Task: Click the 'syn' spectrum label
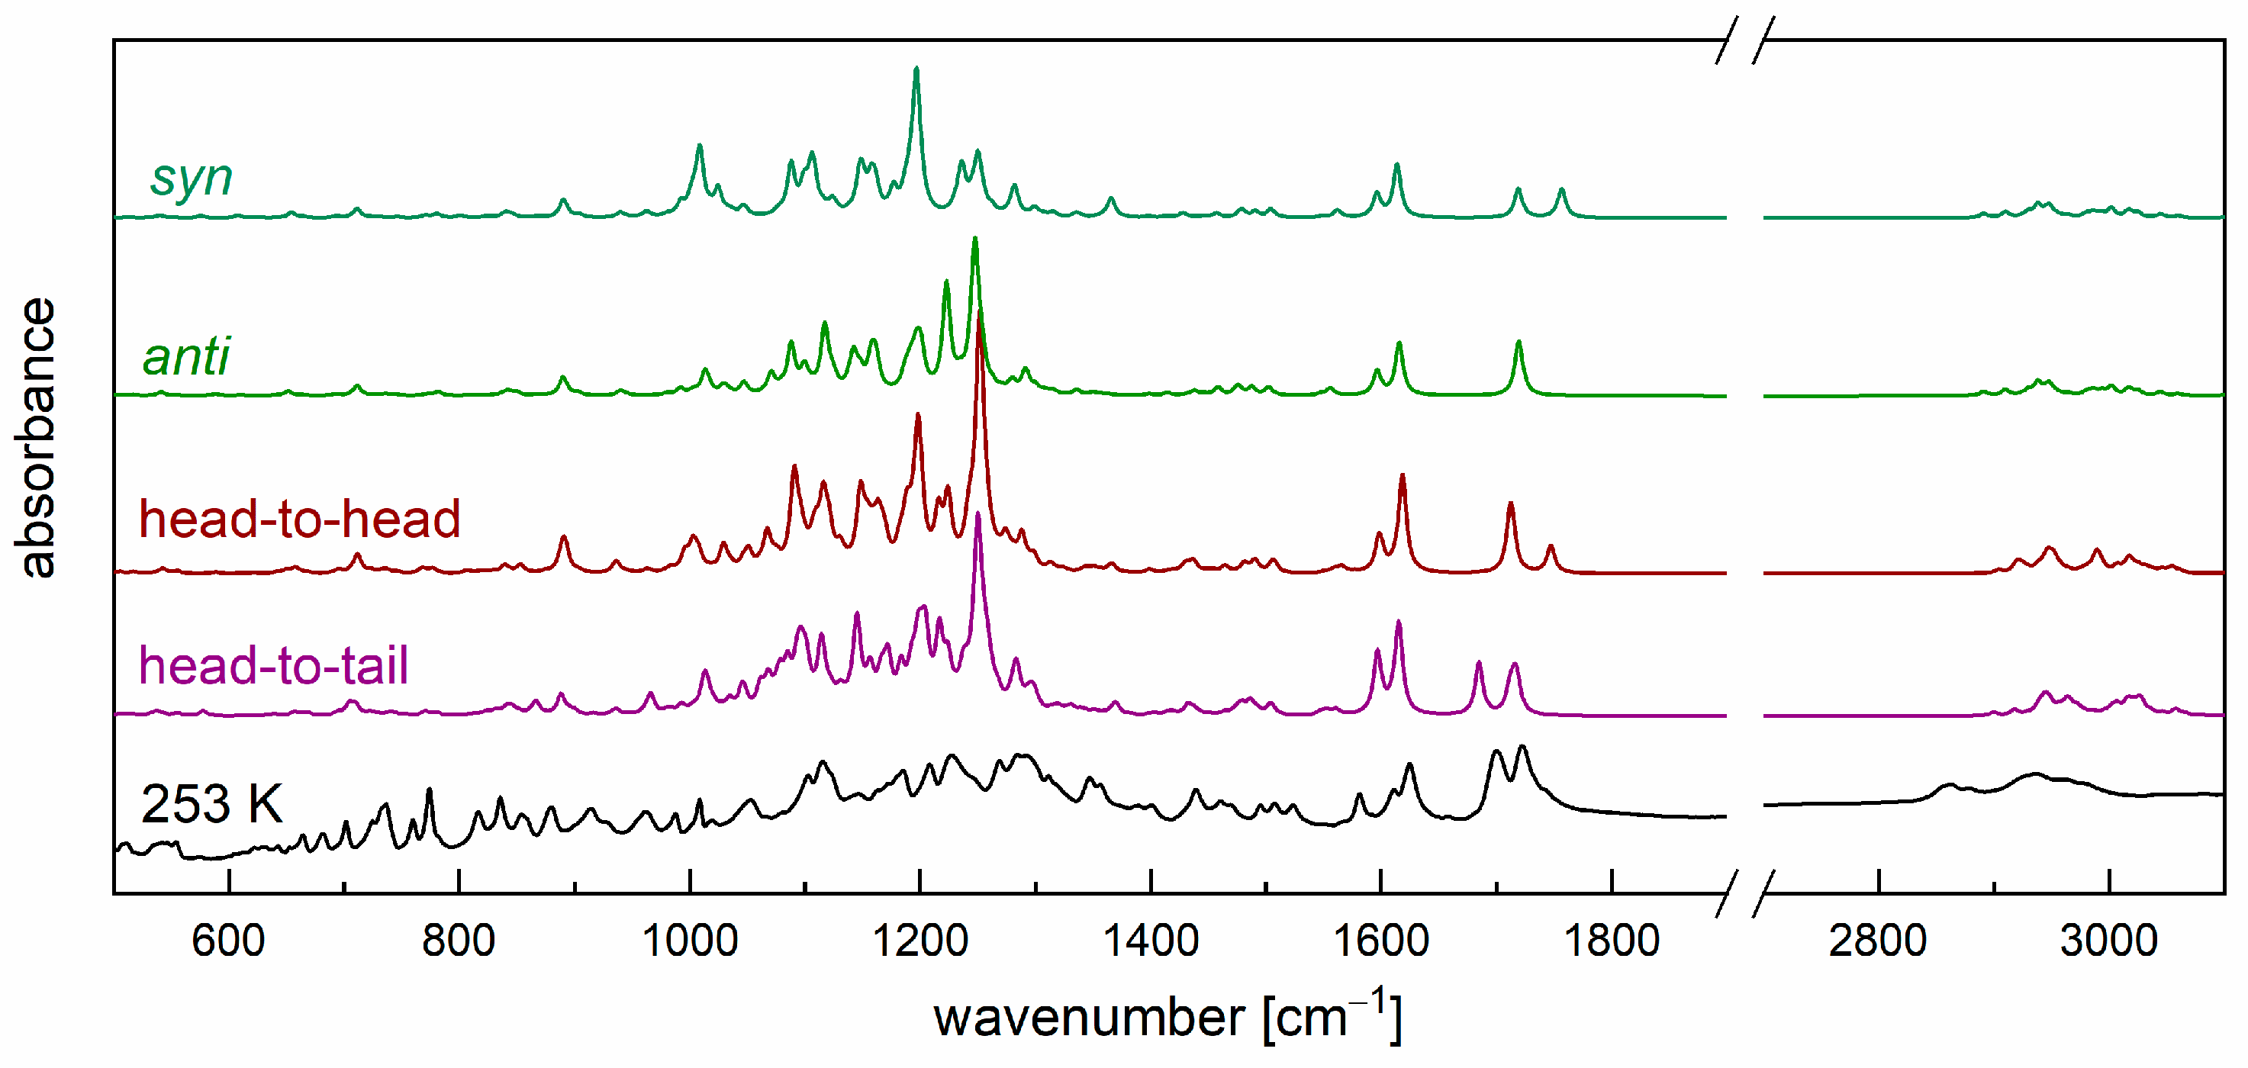191,178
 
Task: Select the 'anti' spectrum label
186,356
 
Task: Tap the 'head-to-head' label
299,520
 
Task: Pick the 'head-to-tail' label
273,666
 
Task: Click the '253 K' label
212,803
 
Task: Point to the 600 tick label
229,941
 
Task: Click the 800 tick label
459,941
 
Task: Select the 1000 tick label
689,941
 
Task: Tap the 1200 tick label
919,941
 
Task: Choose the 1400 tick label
1150,941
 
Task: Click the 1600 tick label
1380,941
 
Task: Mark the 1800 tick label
1611,941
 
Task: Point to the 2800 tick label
1878,941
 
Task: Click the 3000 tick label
2109,941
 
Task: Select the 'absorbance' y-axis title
37,437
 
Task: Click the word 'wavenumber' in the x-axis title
1089,1018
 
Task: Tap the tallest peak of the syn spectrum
916,69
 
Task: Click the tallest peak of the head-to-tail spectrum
977,515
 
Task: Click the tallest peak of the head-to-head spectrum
980,316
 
